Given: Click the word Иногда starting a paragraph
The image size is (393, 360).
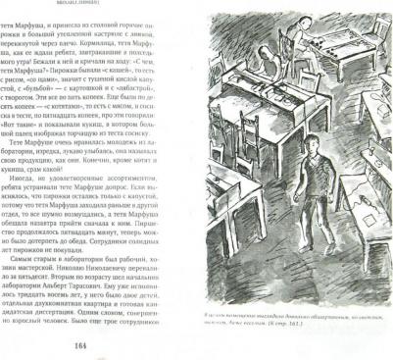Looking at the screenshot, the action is click(27, 183).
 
